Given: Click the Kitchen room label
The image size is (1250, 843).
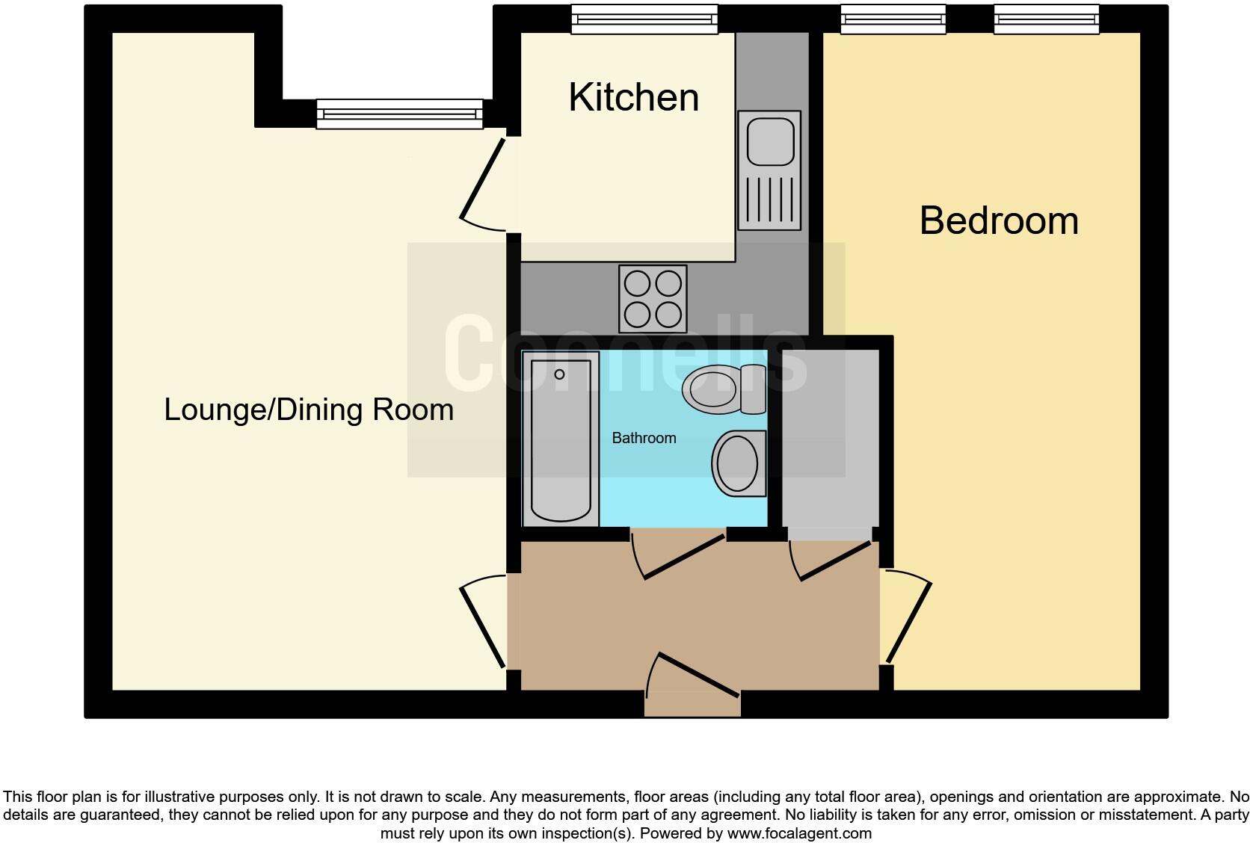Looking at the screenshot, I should click(633, 98).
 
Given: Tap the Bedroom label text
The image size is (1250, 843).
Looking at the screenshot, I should click(999, 221).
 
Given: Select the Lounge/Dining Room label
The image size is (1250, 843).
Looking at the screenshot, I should click(309, 410).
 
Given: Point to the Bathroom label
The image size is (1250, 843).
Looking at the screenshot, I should click(644, 438).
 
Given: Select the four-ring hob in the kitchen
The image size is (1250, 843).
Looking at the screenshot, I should click(653, 299).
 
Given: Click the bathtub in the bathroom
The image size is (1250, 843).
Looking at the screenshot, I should click(561, 439).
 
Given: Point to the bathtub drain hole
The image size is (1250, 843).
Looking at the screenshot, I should click(559, 374).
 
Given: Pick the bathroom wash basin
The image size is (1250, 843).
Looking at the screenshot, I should click(739, 463).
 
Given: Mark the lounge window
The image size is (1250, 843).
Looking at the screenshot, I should click(400, 114).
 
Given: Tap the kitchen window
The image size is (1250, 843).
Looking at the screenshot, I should click(644, 19).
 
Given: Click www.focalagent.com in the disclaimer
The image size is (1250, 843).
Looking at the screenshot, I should click(799, 833).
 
